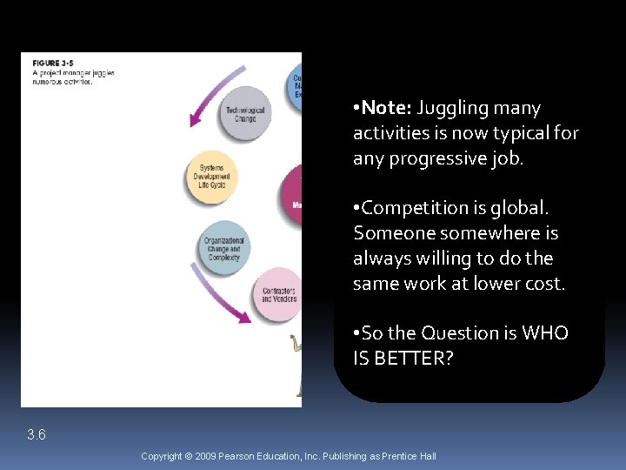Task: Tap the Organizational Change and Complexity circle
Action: pos(224,249)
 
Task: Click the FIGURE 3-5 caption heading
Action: pos(57,64)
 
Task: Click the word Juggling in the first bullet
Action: pos(451,108)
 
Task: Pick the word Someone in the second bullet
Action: pos(394,233)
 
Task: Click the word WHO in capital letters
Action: pos(545,333)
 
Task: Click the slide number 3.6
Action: pos(36,434)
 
